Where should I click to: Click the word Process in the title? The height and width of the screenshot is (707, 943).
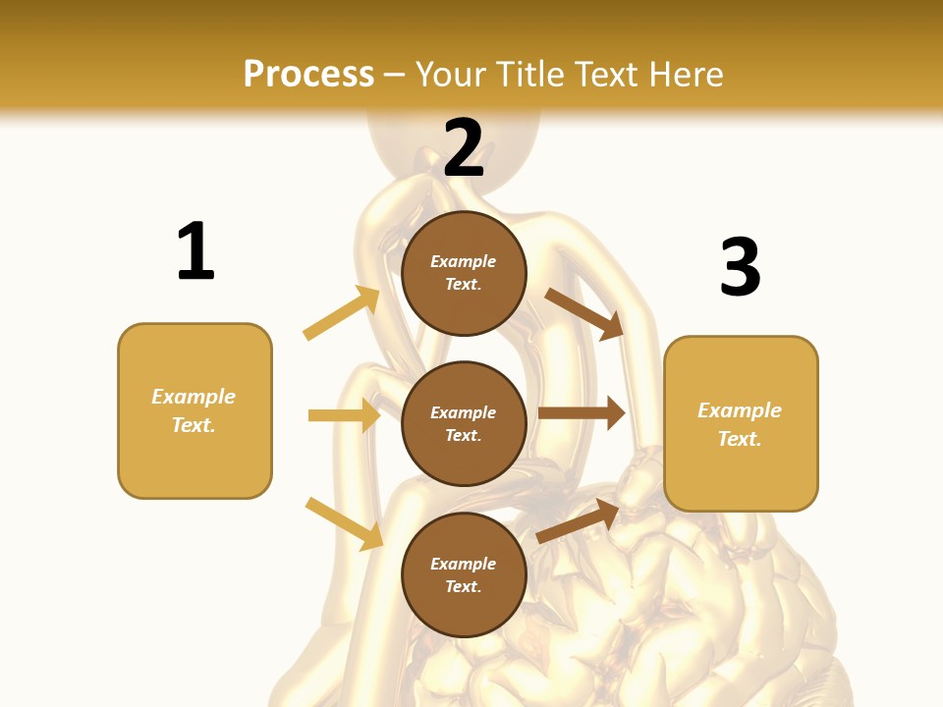tap(308, 75)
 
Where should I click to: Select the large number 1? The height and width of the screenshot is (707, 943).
tap(195, 251)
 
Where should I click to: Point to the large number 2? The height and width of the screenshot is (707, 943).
tap(464, 148)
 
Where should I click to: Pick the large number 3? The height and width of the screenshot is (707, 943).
tap(740, 267)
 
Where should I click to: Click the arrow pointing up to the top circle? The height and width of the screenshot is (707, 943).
tap(342, 313)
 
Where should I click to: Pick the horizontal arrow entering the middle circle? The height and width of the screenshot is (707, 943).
tap(344, 415)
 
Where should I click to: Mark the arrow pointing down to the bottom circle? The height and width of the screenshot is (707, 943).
tap(344, 523)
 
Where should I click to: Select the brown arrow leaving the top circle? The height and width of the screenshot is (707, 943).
tap(585, 314)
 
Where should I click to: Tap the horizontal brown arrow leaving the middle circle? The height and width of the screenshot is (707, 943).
tap(582, 413)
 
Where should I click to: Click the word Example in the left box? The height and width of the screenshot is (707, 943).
tap(194, 397)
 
